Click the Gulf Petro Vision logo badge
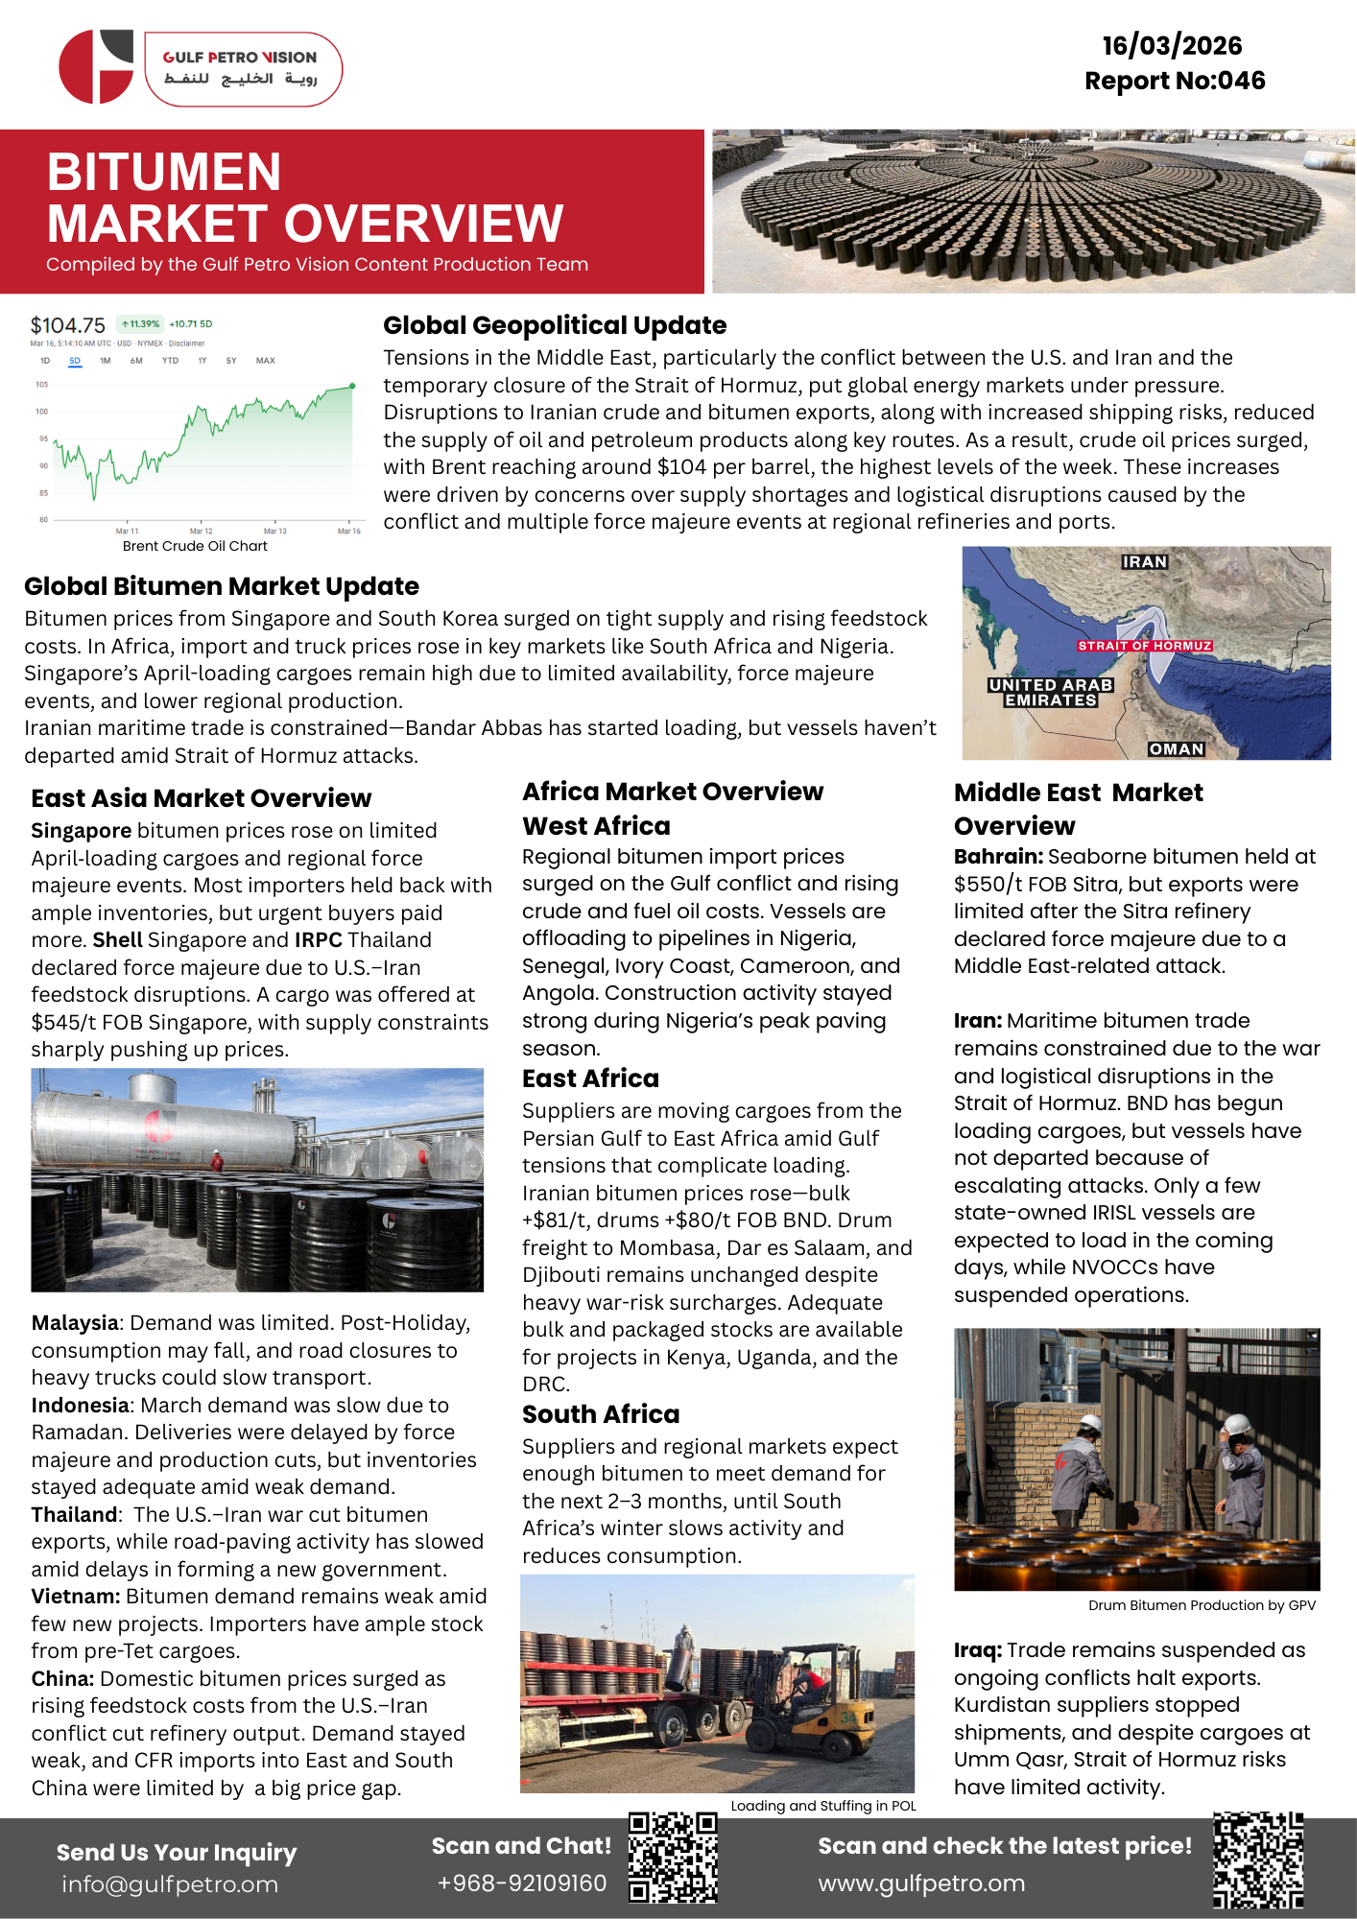[x=243, y=68]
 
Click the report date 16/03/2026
[x=1172, y=46]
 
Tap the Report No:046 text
[x=1175, y=81]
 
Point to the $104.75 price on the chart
[x=67, y=325]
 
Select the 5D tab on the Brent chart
[x=75, y=361]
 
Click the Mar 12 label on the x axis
[x=202, y=531]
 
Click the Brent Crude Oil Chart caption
[x=195, y=546]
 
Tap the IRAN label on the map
[x=1144, y=561]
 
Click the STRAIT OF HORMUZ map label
[x=1144, y=646]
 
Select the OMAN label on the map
[x=1176, y=748]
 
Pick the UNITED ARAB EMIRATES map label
[x=1050, y=692]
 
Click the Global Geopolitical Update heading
[x=555, y=325]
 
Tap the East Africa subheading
[x=590, y=1078]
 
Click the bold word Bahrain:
[x=998, y=856]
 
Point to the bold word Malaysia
[x=75, y=1323]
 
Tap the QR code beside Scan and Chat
[x=673, y=1857]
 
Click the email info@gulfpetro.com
[x=170, y=1884]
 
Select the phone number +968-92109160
[x=521, y=1883]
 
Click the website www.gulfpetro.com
[x=921, y=1883]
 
